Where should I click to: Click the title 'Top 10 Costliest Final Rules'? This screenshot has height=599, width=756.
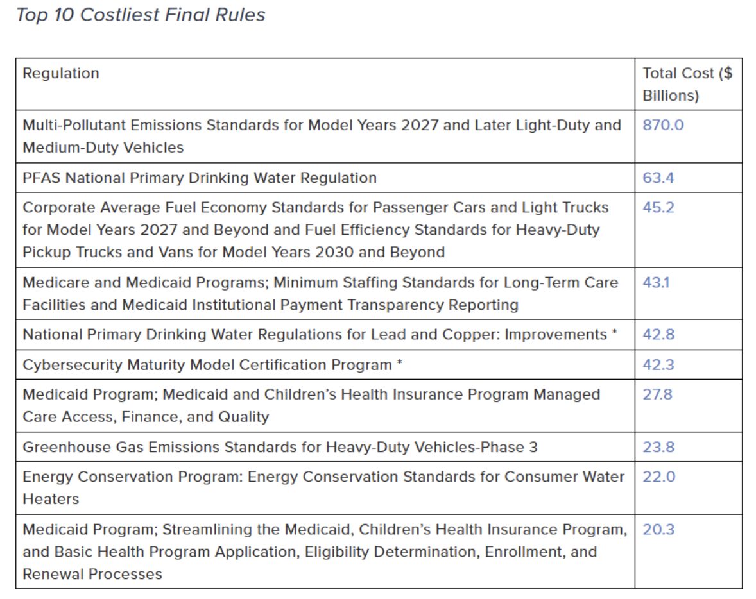pos(141,15)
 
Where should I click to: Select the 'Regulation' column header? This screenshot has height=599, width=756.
pos(61,73)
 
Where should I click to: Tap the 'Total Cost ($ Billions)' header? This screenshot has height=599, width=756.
pos(687,84)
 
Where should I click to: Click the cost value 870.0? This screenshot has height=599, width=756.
pos(663,125)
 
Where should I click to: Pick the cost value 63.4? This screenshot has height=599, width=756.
pos(658,178)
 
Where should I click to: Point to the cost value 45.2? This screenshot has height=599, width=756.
pos(658,207)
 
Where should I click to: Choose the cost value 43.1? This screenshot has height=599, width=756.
pos(656,282)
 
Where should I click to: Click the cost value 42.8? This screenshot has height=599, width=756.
pos(658,334)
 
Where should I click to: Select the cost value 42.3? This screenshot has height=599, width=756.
pos(658,365)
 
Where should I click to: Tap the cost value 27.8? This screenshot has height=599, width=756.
pos(657,394)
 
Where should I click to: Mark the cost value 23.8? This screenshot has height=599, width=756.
pos(658,447)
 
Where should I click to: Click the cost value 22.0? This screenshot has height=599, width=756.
pos(658,477)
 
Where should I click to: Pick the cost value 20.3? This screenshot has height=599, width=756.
pos(658,529)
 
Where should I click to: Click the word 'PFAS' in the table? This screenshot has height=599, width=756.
pos(42,178)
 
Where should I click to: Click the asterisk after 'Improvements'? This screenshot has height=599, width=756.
pos(614,332)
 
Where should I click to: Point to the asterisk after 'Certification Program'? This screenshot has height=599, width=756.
pos(400,362)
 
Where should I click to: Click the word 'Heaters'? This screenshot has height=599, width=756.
pos(51,499)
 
